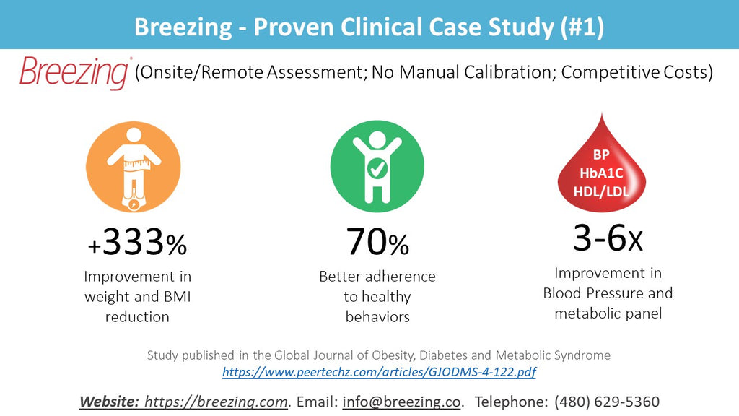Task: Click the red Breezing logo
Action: click(x=74, y=73)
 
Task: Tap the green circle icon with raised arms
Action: click(x=377, y=167)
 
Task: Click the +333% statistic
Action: click(x=137, y=243)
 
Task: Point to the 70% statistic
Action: click(x=377, y=243)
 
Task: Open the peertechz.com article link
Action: click(x=379, y=373)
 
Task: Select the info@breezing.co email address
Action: click(x=401, y=402)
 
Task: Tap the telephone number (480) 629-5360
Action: click(x=607, y=402)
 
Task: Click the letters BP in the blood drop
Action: click(x=601, y=155)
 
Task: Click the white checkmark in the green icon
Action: click(x=377, y=169)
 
